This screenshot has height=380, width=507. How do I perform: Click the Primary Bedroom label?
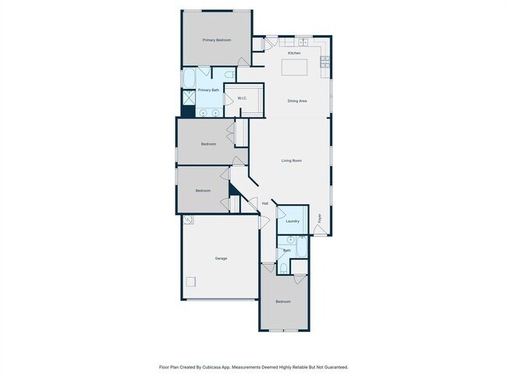click(217, 40)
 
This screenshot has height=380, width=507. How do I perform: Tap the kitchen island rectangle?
click(294, 68)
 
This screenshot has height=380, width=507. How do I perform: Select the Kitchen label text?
click(294, 53)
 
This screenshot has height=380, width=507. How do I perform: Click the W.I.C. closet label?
click(243, 98)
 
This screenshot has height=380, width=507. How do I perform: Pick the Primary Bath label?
click(208, 90)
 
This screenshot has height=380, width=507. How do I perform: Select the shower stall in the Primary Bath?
click(190, 99)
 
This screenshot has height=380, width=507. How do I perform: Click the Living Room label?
click(292, 161)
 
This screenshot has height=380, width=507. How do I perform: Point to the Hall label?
click(265, 204)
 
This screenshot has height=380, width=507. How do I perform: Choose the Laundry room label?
click(292, 221)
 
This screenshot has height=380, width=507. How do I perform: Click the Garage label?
click(221, 258)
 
